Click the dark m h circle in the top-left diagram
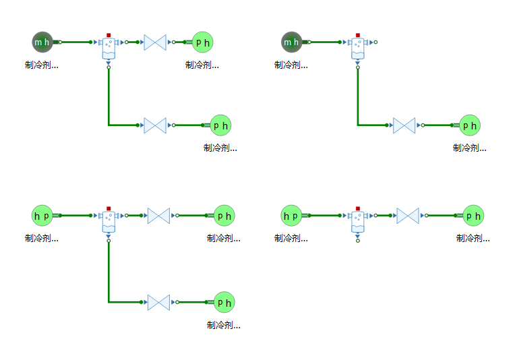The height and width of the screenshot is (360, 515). point(42,42)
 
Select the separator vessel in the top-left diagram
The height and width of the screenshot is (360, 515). point(109,47)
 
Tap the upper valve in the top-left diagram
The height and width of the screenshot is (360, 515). point(155,42)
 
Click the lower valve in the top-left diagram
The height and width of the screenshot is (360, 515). point(155,125)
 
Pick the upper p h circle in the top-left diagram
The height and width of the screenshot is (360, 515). point(202,42)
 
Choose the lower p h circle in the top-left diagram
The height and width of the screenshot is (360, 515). point(220,125)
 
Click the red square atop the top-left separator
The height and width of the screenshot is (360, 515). point(109,35)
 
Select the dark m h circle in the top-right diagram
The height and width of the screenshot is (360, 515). point(291,42)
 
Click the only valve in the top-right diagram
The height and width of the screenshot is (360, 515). point(404,125)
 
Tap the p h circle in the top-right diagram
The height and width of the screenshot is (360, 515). point(470,125)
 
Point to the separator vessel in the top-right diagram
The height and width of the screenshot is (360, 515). point(358,47)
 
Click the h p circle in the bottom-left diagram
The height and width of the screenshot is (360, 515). point(42,216)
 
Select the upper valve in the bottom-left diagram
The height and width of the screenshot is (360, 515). point(158,216)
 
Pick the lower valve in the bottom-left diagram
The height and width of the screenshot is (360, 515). point(158,302)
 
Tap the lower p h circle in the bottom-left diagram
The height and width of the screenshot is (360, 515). point(224,302)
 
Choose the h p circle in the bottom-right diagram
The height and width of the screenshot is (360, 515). point(291,216)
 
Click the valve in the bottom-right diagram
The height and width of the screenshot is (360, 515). point(408,216)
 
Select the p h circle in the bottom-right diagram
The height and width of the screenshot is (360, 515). point(473,216)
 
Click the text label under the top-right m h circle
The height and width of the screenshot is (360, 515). point(291,65)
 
